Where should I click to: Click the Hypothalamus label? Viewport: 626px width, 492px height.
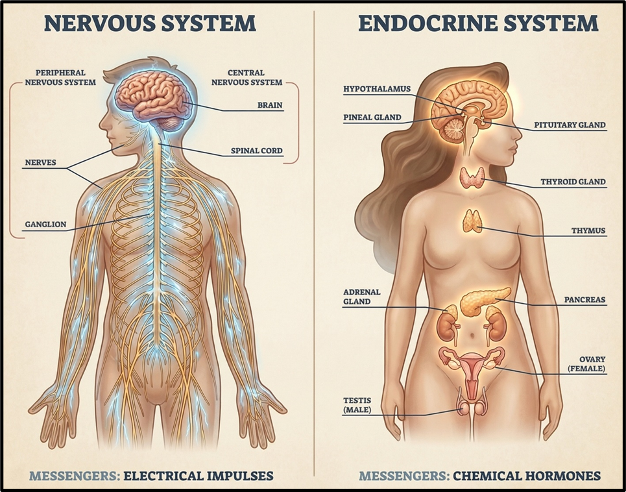click(377, 89)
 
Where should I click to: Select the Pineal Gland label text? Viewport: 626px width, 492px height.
click(372, 117)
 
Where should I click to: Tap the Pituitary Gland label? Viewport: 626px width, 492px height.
click(570, 125)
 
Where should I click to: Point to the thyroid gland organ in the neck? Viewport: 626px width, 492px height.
click(473, 177)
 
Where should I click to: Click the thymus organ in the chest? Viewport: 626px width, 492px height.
click(473, 221)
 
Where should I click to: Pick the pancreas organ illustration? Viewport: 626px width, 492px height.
click(485, 301)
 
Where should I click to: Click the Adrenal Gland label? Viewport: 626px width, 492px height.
click(362, 297)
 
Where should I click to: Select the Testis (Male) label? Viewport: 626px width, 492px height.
click(357, 405)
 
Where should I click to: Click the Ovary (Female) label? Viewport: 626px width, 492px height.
click(586, 364)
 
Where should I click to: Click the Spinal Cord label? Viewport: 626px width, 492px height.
click(257, 151)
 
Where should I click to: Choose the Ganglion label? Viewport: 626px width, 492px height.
click(45, 224)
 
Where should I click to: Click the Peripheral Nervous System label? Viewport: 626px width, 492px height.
click(60, 77)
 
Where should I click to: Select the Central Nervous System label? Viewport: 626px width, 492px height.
click(247, 77)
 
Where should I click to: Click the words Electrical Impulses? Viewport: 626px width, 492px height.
click(199, 476)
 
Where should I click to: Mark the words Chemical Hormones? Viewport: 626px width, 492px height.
click(527, 476)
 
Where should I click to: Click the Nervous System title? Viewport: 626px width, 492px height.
click(150, 23)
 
